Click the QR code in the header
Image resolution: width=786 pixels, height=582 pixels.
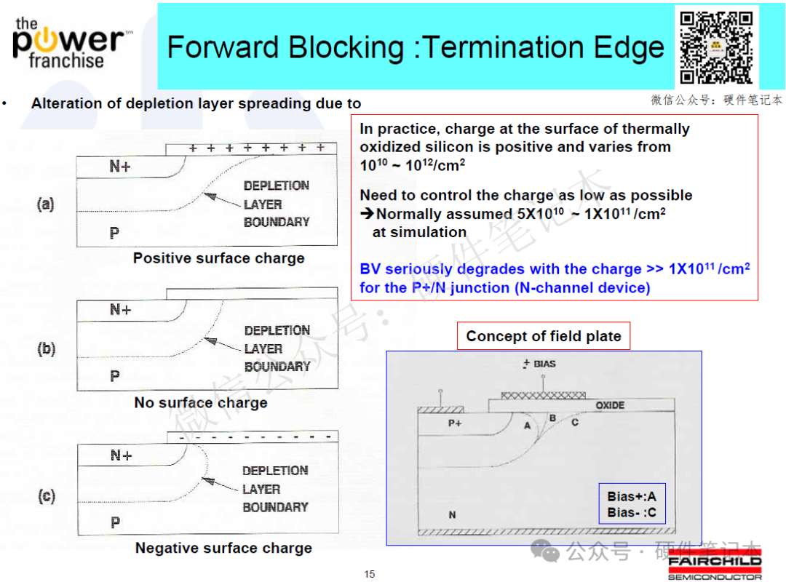tap(716, 47)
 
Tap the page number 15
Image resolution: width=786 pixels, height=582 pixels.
tap(370, 574)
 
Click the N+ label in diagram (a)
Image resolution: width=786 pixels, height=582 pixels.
tap(120, 166)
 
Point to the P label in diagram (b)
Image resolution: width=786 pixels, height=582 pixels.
tap(115, 376)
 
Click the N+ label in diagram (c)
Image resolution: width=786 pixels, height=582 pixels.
tap(121, 455)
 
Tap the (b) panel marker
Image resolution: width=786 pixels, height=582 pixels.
tap(46, 348)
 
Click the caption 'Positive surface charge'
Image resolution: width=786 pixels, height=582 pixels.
tap(218, 258)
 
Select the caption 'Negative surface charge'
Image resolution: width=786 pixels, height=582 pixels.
tap(223, 548)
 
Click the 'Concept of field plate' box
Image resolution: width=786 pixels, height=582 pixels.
tap(544, 336)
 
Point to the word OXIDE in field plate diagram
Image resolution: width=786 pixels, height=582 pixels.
tap(610, 405)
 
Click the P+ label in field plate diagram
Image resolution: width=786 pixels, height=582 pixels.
tap(455, 423)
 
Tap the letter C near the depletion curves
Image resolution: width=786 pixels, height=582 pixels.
tap(575, 423)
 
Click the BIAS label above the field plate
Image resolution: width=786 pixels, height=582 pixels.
tap(544, 364)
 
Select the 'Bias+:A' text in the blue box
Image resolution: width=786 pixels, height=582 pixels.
tap(632, 496)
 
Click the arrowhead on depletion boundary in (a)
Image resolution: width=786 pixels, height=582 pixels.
tap(210, 196)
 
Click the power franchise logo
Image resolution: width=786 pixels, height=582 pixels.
tap(70, 44)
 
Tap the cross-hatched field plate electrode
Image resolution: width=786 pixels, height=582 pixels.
tap(543, 396)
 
